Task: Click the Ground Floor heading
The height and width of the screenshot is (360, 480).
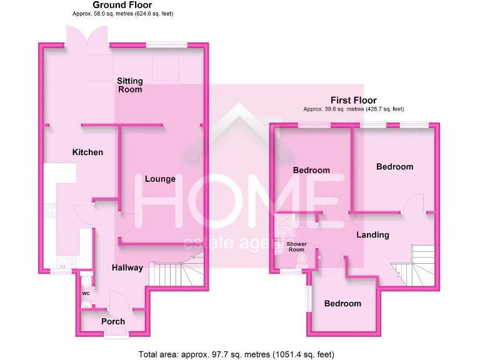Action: (x=122, y=5)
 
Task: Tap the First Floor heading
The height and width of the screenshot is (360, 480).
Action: (x=354, y=100)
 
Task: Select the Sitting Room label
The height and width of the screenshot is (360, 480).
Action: (x=130, y=85)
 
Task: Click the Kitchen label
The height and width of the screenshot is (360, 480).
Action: (x=87, y=152)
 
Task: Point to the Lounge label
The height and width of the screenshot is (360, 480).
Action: (x=160, y=179)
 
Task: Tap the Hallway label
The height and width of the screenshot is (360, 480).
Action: (x=127, y=267)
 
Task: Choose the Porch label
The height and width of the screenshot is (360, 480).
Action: (x=113, y=321)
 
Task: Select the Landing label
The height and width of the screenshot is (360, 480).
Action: (x=372, y=235)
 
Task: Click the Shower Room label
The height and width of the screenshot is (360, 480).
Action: (x=295, y=247)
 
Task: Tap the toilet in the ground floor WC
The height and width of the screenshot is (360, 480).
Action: (x=86, y=282)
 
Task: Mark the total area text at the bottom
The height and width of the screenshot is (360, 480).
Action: (x=240, y=354)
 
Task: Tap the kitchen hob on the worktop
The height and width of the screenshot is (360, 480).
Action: (x=50, y=211)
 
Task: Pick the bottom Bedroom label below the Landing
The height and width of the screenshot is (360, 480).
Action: (x=342, y=304)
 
